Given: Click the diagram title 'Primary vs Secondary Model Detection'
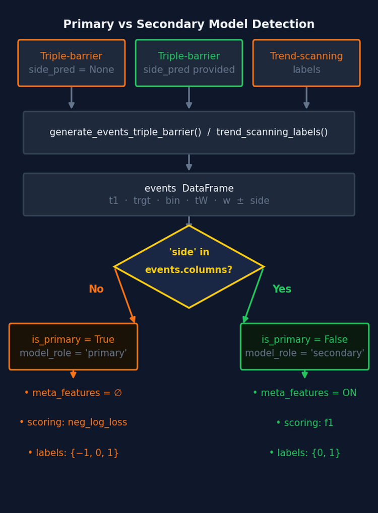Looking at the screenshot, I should [189, 25].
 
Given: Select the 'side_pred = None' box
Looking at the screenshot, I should [72, 63].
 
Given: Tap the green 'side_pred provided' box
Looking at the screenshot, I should [189, 63].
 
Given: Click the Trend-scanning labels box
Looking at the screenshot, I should [306, 63].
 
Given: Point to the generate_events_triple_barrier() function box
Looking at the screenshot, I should [189, 132].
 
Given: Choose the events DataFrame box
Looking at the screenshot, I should [189, 194].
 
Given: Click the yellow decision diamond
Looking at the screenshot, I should [189, 266].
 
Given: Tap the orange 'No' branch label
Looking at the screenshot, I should [96, 289].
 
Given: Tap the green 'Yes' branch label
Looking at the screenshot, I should [282, 289].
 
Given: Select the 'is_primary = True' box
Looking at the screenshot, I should [73, 346].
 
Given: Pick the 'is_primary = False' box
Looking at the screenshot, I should [304, 346].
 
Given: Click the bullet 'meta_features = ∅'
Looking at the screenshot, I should [73, 393].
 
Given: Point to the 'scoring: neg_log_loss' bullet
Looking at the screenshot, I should [73, 423].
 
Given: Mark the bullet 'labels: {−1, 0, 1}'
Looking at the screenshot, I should [73, 453].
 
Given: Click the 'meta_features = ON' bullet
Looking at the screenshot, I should [304, 393].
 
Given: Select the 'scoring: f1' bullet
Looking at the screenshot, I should [304, 423].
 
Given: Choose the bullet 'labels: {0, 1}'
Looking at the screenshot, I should [304, 453].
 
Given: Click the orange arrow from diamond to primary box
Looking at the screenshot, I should [124, 295].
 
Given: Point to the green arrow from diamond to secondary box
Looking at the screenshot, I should [254, 295].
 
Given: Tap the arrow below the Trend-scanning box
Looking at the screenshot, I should [306, 98].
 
